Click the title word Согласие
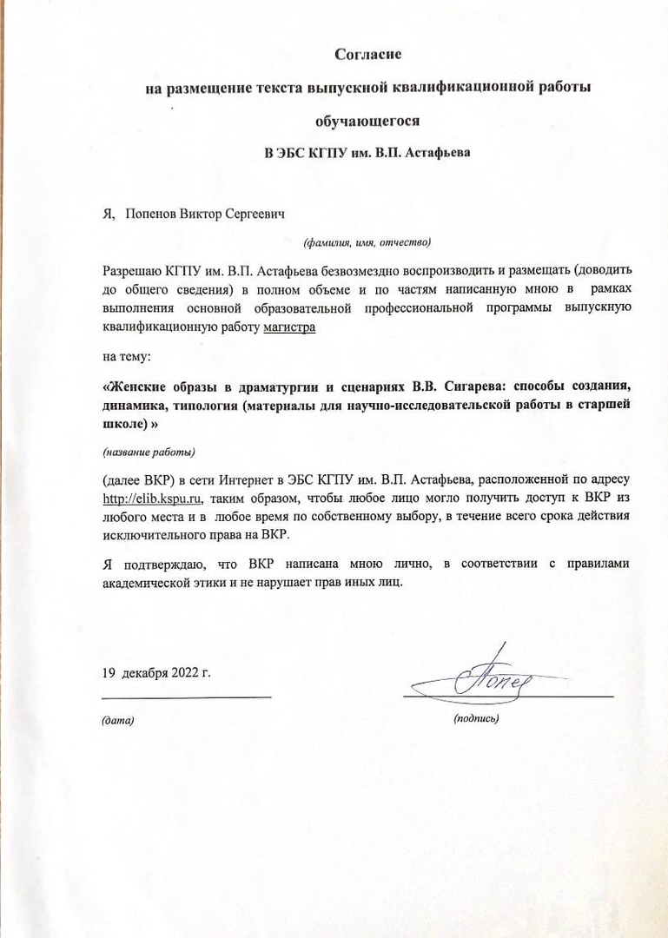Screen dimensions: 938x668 pyautogui.click(x=367, y=55)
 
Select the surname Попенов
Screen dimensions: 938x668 pyautogui.click(x=151, y=214)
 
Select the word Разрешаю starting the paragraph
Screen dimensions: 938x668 pyautogui.click(x=131, y=271)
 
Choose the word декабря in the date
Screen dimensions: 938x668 pyautogui.click(x=143, y=672)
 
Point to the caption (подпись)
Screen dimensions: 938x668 pyautogui.click(x=476, y=718)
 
